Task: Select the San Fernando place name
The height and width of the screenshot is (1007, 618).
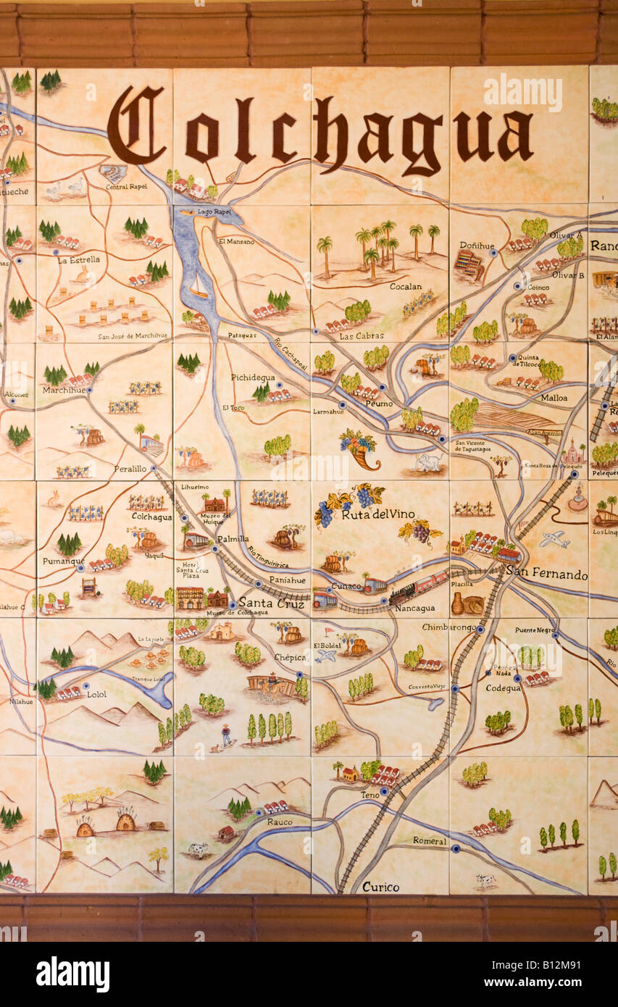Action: tap(546, 574)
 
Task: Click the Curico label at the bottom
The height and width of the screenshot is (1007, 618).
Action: tap(380, 887)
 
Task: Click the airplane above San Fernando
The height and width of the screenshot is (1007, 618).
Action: tap(554, 539)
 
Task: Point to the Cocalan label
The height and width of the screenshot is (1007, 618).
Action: tap(405, 287)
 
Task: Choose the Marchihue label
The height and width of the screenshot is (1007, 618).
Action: tap(64, 390)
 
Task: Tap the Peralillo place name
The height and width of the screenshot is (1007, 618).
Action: tap(130, 469)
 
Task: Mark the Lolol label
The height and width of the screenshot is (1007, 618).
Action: tap(96, 695)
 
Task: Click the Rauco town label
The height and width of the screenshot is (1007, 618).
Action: tap(279, 822)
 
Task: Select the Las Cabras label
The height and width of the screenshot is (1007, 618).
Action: tap(356, 336)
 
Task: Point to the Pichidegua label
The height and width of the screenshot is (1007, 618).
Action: tap(252, 377)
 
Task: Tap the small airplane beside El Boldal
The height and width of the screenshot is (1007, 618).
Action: tap(326, 655)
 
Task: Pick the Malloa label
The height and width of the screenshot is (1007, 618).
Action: tap(554, 398)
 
